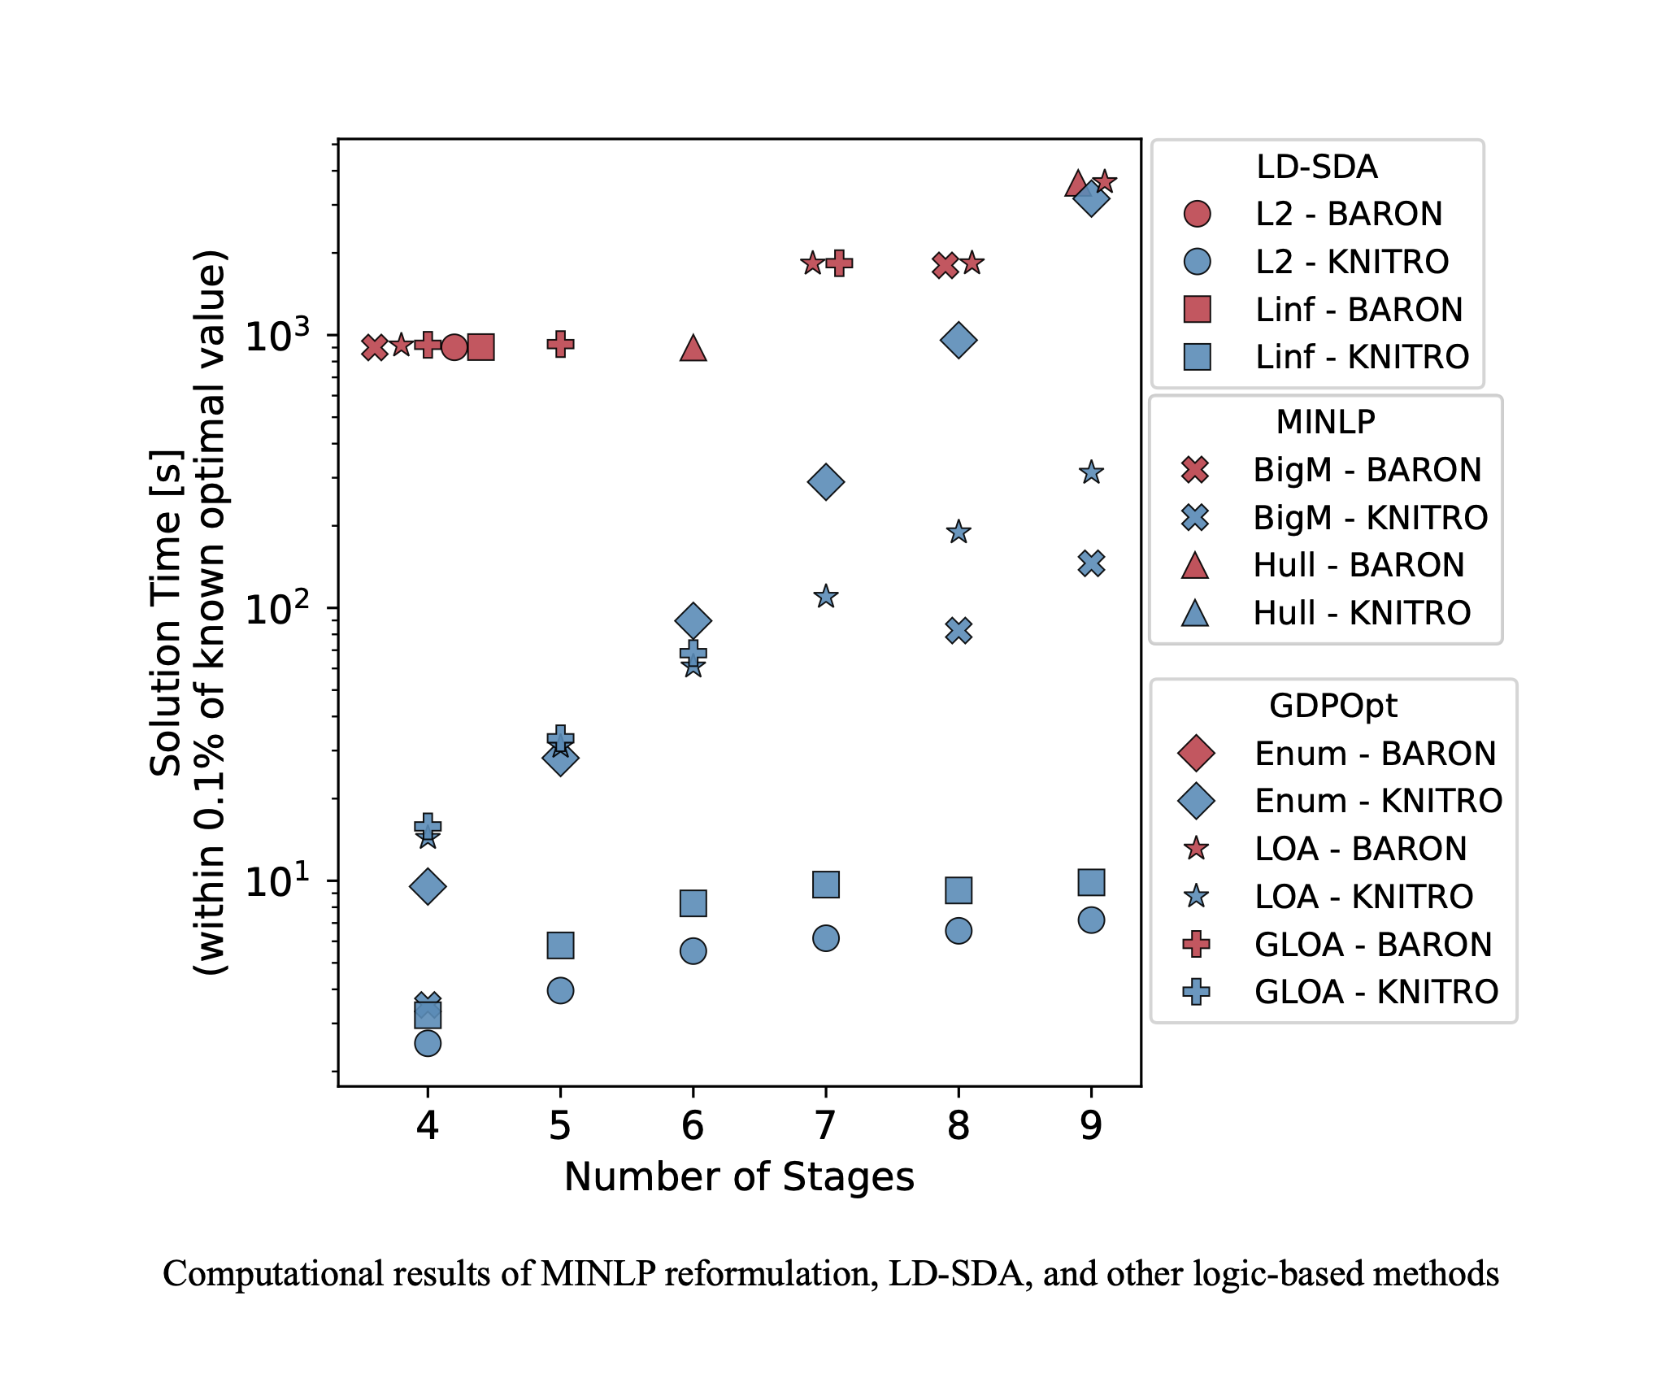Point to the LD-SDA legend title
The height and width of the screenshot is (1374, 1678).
pos(1316,167)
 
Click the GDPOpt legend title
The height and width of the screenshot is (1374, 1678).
pos(1332,706)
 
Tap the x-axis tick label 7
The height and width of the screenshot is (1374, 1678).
pos(825,1125)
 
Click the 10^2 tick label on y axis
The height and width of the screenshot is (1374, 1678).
pos(277,608)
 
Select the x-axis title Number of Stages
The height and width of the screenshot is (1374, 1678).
pos(739,1176)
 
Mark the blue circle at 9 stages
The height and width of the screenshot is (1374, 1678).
pos(1091,920)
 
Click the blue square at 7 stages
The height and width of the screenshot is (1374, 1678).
pos(825,885)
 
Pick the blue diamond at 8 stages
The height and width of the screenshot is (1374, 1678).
pos(959,340)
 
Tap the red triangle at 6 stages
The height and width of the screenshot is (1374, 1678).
pos(693,348)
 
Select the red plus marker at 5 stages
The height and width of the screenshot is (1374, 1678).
pos(560,344)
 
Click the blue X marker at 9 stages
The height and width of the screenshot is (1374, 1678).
pos(1091,563)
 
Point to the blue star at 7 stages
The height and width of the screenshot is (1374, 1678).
pos(825,597)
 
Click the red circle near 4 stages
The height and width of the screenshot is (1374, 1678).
pos(454,347)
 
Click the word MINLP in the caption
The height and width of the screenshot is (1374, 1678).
pos(598,1274)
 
